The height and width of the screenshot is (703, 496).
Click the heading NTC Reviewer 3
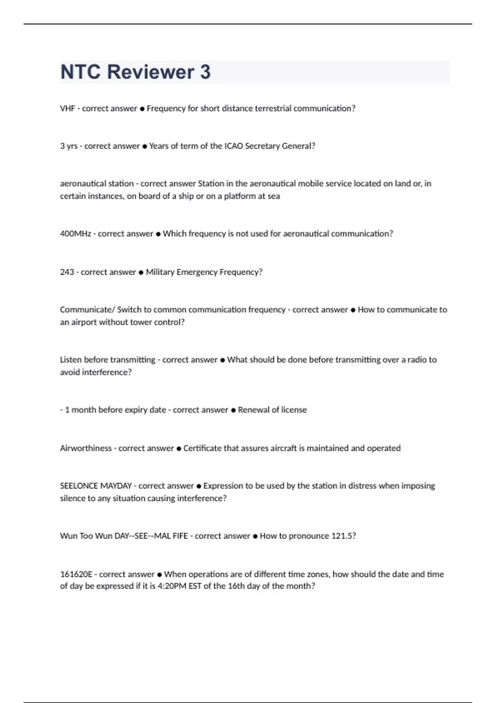pos(135,72)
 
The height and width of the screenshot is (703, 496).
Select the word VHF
pos(67,108)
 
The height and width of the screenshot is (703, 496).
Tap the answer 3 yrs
pos(69,146)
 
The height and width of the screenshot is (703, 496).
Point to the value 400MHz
pos(75,234)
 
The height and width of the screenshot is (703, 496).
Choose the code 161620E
pos(76,574)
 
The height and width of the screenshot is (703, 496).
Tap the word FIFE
pos(178,536)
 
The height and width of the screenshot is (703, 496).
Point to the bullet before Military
pos(141,273)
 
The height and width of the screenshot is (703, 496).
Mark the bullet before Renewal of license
pos(233,410)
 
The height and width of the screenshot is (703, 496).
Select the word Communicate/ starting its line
pos(87,310)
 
